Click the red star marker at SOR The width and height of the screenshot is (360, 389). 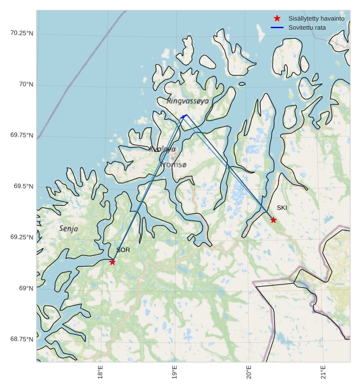coord(112,262)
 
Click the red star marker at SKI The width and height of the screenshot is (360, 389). coord(273,220)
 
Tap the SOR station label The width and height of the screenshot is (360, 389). coord(123,250)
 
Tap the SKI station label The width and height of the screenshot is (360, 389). coord(282,208)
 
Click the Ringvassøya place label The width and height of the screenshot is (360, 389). coord(188,101)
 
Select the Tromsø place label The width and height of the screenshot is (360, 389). coord(173,165)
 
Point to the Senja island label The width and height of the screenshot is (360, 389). coord(68,228)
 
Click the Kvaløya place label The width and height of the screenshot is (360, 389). coord(163,149)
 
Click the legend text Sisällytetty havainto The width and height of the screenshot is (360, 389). coord(316,18)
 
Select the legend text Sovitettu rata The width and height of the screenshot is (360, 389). coord(307,27)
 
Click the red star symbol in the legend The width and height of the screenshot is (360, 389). coord(277,18)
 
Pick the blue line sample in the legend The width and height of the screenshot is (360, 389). coord(277,27)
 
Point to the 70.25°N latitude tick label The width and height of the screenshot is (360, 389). coord(22,33)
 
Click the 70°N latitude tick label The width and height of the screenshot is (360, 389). coord(25,85)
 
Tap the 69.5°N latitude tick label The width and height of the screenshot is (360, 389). coord(23,186)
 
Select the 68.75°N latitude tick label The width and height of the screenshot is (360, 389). coord(22,339)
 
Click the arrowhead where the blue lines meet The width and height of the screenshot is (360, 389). coord(184,115)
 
